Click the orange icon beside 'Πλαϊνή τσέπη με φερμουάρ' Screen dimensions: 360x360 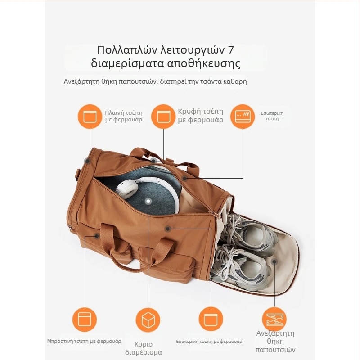pyautogui.click(x=90, y=117)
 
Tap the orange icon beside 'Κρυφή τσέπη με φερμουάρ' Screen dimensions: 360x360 pyautogui.click(x=163, y=117)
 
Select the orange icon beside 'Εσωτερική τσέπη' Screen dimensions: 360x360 pyautogui.click(x=243, y=117)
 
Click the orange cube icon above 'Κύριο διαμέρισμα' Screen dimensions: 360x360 pyautogui.click(x=148, y=320)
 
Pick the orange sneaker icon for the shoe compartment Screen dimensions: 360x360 pyautogui.click(x=274, y=319)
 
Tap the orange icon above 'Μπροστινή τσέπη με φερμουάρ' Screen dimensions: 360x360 pyautogui.click(x=85, y=320)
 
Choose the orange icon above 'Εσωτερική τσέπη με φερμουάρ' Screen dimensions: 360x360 pyautogui.click(x=211, y=319)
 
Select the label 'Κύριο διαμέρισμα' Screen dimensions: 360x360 pyautogui.click(x=144, y=348)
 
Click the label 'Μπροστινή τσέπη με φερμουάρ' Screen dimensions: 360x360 pyautogui.click(x=84, y=341)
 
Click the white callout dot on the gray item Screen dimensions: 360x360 pyautogui.click(x=148, y=202)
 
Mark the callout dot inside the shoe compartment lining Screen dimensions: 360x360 pyautogui.click(x=274, y=261)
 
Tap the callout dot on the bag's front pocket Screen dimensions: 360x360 pyautogui.click(x=97, y=236)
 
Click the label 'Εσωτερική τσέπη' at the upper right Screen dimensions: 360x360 pyautogui.click(x=272, y=116)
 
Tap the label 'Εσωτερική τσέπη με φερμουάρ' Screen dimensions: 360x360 pyautogui.click(x=209, y=342)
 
